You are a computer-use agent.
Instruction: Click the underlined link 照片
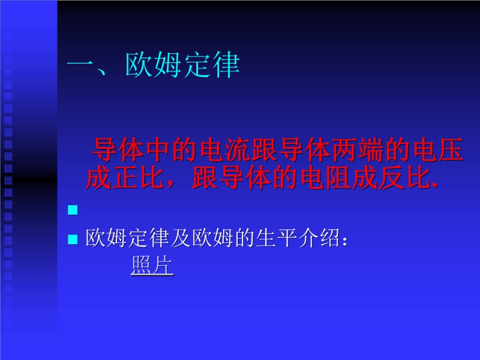click(x=152, y=265)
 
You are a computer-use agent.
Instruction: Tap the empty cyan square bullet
click(x=73, y=210)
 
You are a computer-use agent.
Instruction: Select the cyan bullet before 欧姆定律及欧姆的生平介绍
click(x=73, y=239)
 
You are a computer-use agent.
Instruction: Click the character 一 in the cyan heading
click(x=80, y=65)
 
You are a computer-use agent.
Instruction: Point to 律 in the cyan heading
click(x=226, y=65)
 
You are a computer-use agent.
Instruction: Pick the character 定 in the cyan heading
click(x=197, y=65)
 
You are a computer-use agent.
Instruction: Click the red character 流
click(x=238, y=150)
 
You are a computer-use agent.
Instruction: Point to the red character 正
click(x=125, y=177)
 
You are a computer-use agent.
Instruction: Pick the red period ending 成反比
click(x=434, y=185)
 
